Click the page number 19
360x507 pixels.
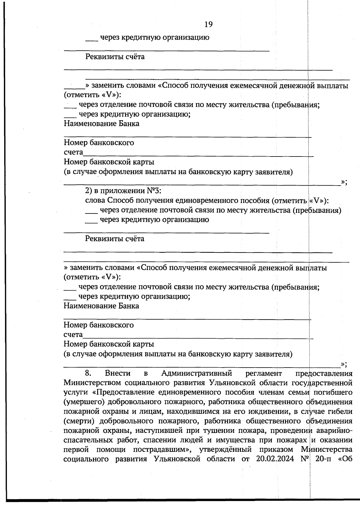(x=208, y=24)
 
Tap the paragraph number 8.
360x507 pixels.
(x=88, y=373)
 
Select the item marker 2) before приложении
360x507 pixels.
(x=88, y=191)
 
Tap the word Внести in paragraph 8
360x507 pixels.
(x=118, y=373)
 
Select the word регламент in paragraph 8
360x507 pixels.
(x=263, y=373)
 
